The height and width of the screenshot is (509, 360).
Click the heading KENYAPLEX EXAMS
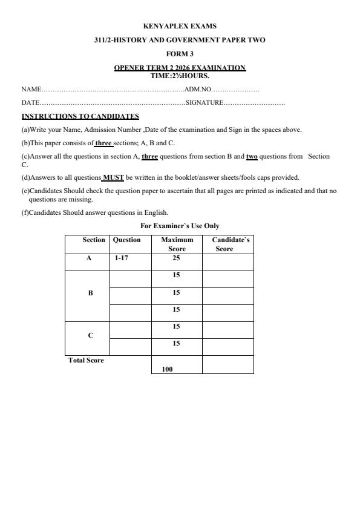(180, 26)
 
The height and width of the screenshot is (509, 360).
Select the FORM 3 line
(180, 54)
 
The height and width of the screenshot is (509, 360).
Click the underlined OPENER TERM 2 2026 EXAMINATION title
(180, 68)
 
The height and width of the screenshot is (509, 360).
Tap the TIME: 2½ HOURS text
(180, 76)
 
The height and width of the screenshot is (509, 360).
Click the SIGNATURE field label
(205, 103)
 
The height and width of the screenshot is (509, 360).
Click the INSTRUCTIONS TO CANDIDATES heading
(80, 116)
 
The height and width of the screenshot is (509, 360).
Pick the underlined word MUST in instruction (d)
(113, 177)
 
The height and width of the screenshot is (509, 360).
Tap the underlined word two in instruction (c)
(252, 156)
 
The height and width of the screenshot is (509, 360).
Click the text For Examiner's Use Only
(180, 226)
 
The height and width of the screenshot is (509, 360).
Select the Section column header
(94, 240)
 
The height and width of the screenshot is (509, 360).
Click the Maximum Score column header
(177, 245)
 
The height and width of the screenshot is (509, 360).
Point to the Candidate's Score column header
(227, 245)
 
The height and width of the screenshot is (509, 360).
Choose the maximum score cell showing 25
(177, 258)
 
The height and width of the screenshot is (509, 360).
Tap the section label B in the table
(90, 293)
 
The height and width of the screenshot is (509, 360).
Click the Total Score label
(85, 361)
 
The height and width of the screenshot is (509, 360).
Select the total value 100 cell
(168, 369)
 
